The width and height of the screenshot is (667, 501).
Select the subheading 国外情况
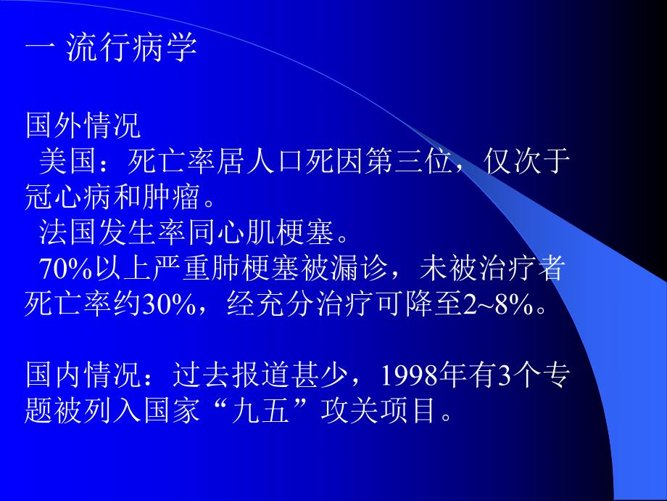(x=83, y=126)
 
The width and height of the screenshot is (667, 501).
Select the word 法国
(x=68, y=234)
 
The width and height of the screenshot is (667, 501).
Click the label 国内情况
(x=83, y=376)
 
